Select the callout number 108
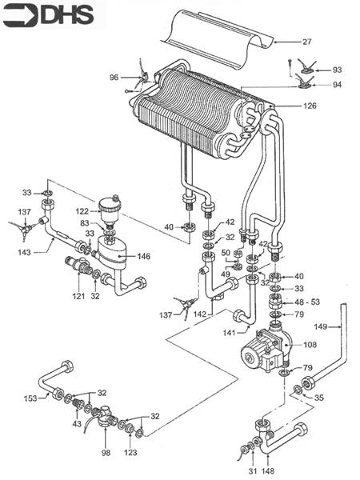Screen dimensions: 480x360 [310, 345]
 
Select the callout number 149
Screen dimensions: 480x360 [322, 326]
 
